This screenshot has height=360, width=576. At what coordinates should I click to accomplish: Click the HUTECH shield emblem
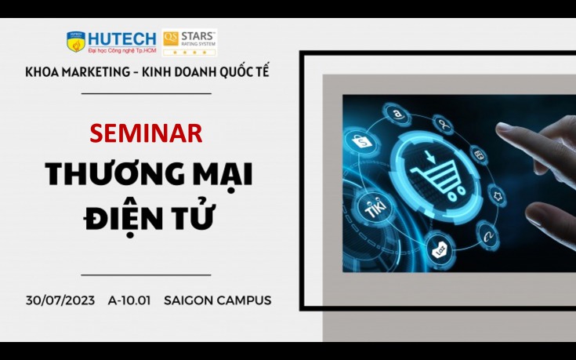pyautogui.click(x=76, y=42)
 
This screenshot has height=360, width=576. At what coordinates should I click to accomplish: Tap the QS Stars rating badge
pyautogui.click(x=189, y=42)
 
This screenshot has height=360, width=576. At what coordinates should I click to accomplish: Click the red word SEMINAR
pyautogui.click(x=146, y=133)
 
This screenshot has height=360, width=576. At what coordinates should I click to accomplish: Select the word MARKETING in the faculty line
pyautogui.click(x=96, y=71)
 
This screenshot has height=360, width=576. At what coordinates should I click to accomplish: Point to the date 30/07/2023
pyautogui.click(x=60, y=300)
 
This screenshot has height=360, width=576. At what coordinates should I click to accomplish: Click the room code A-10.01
pyautogui.click(x=129, y=300)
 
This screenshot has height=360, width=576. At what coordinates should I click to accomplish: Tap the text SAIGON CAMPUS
pyautogui.click(x=218, y=300)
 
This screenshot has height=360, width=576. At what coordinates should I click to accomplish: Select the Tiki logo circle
pyautogui.click(x=374, y=208)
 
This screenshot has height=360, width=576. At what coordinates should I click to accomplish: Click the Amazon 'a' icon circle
pyautogui.click(x=397, y=115)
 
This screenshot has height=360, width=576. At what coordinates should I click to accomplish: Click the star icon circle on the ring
pyautogui.click(x=498, y=195)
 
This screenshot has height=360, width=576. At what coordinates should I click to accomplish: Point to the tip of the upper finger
pyautogui.click(x=498, y=128)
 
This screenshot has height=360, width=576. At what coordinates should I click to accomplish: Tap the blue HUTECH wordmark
pyautogui.click(x=122, y=39)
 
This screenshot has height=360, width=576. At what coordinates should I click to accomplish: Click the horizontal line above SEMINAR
pyautogui.click(x=147, y=94)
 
